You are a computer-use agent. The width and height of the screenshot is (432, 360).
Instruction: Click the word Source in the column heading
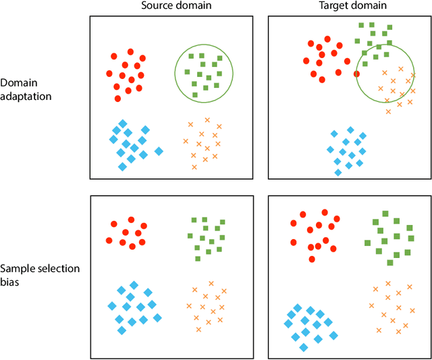155,6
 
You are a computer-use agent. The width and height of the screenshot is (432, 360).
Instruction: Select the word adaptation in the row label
26,96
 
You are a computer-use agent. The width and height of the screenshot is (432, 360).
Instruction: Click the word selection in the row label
57,268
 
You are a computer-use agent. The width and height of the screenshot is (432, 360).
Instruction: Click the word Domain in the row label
18,83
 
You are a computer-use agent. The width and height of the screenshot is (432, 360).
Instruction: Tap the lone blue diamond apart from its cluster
159,151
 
